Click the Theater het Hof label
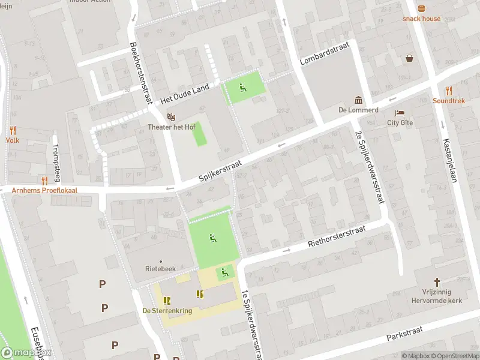(172, 127)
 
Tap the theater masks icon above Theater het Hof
(172, 116)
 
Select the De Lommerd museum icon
(358, 100)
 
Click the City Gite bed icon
(400, 113)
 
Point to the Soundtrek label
(449, 101)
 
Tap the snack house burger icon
(421, 8)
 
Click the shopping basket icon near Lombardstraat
(409, 58)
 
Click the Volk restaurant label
(13, 140)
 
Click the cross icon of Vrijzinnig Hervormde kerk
(437, 281)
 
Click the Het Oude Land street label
(185, 92)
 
